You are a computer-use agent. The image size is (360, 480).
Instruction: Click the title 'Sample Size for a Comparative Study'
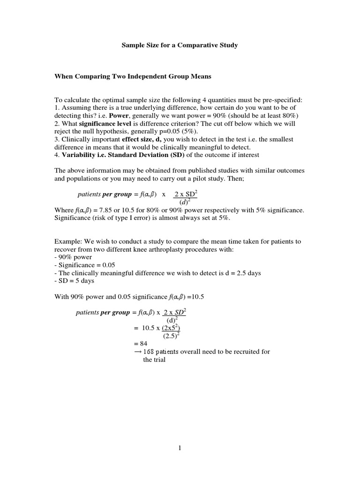pyautogui.click(x=180, y=45)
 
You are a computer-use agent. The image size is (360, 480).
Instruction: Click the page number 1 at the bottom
pyautogui.click(x=180, y=448)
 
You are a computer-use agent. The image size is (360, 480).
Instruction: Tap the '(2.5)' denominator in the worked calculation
pyautogui.click(x=171, y=336)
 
